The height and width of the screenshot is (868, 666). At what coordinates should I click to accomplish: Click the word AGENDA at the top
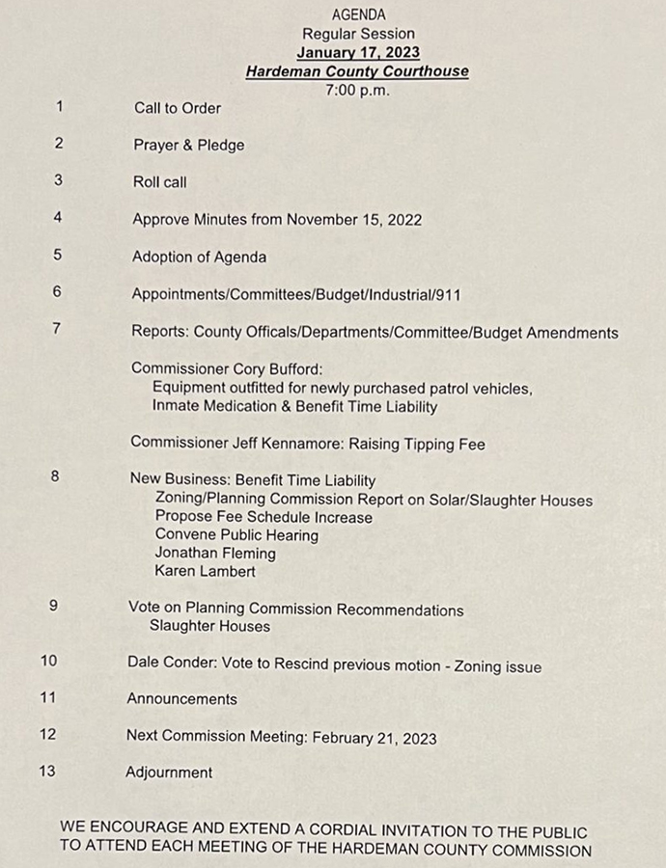358,14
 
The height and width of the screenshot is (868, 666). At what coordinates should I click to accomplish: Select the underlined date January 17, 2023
358,52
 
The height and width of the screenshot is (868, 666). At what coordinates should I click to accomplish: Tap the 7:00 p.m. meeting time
358,90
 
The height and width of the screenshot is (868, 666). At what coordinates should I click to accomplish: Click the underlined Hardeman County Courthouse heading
357,71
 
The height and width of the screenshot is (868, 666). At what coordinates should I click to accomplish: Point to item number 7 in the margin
57,328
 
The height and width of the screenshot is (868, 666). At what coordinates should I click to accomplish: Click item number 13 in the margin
46,771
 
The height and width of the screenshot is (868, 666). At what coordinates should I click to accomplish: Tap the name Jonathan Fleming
215,554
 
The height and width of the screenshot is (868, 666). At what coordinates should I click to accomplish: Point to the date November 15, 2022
354,220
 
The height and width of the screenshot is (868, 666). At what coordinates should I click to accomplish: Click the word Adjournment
169,773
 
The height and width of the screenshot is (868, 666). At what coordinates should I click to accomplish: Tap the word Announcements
181,698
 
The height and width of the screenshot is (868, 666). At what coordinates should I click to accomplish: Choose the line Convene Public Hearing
236,535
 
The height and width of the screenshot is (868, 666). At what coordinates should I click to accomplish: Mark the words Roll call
160,182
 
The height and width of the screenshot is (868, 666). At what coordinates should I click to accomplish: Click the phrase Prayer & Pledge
189,146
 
